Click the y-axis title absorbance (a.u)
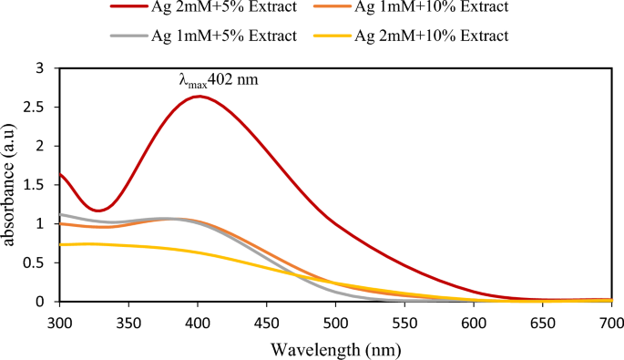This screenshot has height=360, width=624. click(x=11, y=184)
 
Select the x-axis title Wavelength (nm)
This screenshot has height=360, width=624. click(x=334, y=348)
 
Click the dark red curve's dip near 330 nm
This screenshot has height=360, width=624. click(x=98, y=211)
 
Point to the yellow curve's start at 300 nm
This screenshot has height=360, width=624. click(x=60, y=244)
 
